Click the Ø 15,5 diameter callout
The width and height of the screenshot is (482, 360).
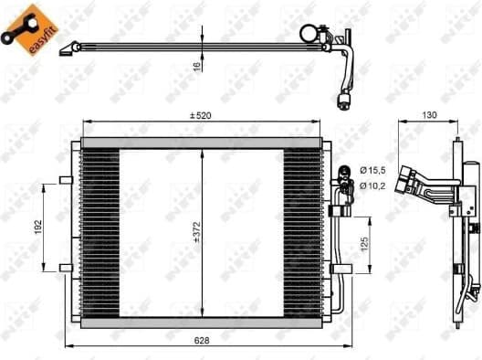[373, 171]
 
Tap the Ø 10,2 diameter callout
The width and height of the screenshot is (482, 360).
[373, 187]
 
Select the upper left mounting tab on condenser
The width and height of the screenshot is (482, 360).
[63, 180]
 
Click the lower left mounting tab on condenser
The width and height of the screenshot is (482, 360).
[63, 268]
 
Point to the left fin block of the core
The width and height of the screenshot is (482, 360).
[100, 233]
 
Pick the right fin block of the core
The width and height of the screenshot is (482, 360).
[302, 233]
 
